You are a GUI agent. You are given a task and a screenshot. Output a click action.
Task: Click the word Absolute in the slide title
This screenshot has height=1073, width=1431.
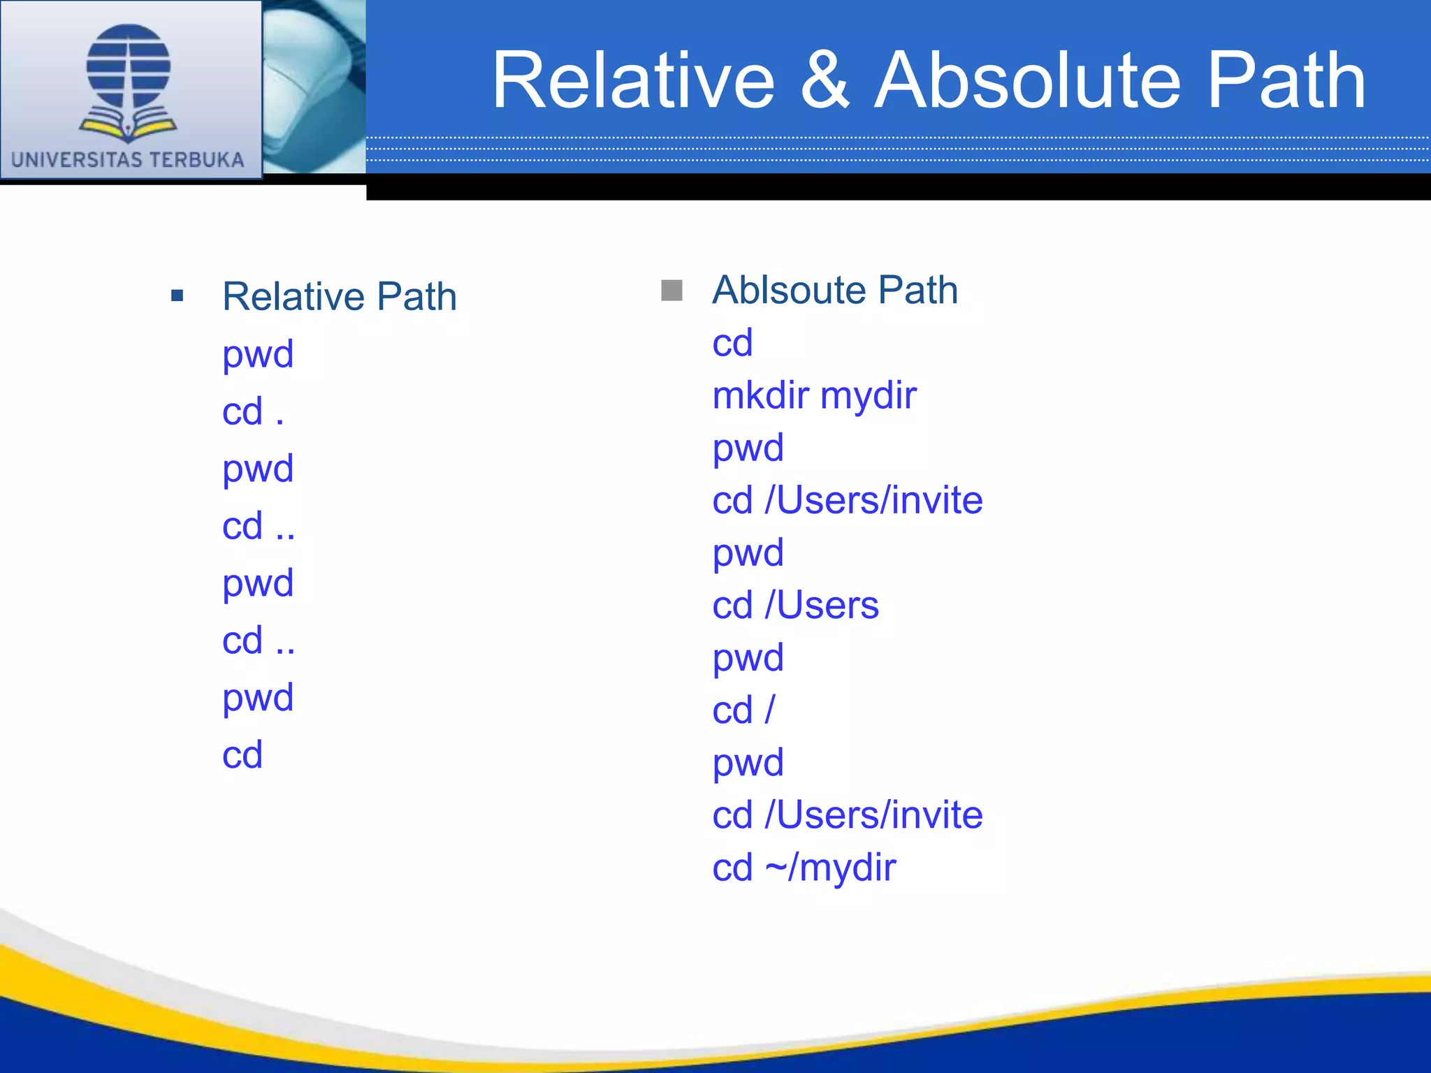tap(1027, 82)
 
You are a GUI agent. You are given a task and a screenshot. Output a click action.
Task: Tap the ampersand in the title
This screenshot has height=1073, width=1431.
tap(825, 82)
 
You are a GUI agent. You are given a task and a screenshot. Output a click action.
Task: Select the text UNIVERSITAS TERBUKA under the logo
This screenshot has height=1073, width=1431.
tap(128, 160)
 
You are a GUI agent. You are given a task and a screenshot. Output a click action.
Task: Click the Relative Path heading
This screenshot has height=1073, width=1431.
tap(340, 297)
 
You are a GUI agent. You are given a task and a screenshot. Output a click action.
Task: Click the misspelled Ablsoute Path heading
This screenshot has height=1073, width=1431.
tap(835, 290)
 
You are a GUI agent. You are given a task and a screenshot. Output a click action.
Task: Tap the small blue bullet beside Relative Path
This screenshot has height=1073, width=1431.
tap(177, 296)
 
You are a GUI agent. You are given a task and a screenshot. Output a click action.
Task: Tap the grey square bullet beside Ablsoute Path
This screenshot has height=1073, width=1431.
tap(671, 290)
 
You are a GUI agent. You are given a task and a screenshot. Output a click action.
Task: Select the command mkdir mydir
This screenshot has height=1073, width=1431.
tap(814, 395)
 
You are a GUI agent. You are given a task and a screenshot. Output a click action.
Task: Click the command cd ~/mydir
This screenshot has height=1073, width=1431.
tap(804, 868)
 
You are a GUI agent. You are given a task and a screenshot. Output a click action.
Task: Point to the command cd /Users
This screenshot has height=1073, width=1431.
tap(795, 605)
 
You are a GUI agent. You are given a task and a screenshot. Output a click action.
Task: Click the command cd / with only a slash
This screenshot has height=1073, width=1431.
tap(743, 710)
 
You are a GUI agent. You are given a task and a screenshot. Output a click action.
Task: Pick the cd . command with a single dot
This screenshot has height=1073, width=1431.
tap(253, 411)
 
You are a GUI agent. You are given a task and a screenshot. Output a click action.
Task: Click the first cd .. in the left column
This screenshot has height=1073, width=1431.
tap(259, 526)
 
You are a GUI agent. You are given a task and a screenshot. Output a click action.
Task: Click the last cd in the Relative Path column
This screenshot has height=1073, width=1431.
tap(242, 755)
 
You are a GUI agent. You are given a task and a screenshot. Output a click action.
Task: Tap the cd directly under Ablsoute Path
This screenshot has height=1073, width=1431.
tap(732, 343)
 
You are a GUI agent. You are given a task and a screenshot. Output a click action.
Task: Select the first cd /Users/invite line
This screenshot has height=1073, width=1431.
tap(847, 500)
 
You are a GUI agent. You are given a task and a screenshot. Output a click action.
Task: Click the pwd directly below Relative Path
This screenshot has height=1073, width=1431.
tap(258, 355)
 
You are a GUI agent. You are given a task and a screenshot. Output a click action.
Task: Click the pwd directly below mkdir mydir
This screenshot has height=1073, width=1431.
tap(748, 448)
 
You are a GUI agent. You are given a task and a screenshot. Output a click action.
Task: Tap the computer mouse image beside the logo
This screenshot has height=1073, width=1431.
tap(314, 87)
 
